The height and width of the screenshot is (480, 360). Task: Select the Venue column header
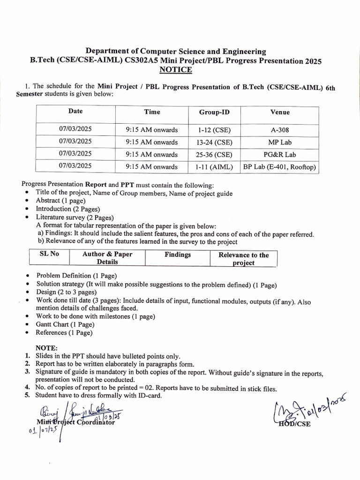point(280,112)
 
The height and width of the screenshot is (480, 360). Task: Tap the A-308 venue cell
point(280,129)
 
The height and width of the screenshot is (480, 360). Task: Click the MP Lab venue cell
point(280,142)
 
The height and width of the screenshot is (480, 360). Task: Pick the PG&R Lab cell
point(280,154)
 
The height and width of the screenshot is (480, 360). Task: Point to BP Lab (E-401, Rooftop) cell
point(280,167)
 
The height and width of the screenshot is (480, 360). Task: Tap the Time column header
point(152,112)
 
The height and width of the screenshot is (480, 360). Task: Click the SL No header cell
point(48,255)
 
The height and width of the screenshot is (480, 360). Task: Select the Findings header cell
point(178,255)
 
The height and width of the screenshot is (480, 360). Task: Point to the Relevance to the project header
point(244,259)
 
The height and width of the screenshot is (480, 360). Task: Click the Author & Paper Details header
point(107,258)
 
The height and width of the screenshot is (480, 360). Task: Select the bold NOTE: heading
point(46,348)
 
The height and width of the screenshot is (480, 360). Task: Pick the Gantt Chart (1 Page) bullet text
point(65,324)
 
